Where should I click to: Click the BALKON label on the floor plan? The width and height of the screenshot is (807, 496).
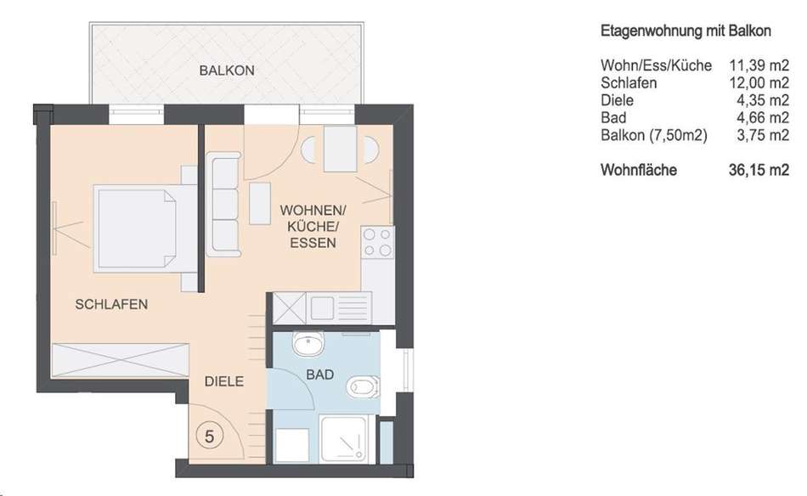click(x=227, y=70)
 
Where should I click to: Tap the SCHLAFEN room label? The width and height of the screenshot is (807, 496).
click(x=111, y=304)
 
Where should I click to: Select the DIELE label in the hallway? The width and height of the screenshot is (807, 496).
click(x=224, y=381)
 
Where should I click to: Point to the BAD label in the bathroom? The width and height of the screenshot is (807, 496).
click(x=319, y=375)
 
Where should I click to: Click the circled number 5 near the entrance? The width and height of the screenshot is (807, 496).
click(x=210, y=437)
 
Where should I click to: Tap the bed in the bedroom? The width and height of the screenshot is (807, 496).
click(x=144, y=228)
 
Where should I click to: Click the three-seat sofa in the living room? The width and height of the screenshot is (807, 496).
click(x=224, y=204)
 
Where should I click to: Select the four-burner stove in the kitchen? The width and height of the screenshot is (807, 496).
click(x=377, y=242)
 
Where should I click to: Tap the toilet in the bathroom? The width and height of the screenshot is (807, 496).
click(x=364, y=387)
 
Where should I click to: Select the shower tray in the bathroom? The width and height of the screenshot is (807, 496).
click(x=344, y=439)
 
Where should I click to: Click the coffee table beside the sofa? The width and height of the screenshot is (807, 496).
click(x=260, y=203)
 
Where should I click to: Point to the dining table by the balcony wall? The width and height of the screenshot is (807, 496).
click(x=340, y=149)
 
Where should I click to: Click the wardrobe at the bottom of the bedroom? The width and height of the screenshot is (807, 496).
click(x=121, y=360)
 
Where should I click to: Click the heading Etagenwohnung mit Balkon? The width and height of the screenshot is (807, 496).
click(x=686, y=31)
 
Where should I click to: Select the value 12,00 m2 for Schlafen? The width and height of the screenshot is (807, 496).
click(x=759, y=83)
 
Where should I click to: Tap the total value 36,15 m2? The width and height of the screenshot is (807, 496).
click(x=759, y=170)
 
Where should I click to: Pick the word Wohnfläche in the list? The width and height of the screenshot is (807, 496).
click(x=639, y=170)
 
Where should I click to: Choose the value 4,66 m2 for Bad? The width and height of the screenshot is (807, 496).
click(x=762, y=118)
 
